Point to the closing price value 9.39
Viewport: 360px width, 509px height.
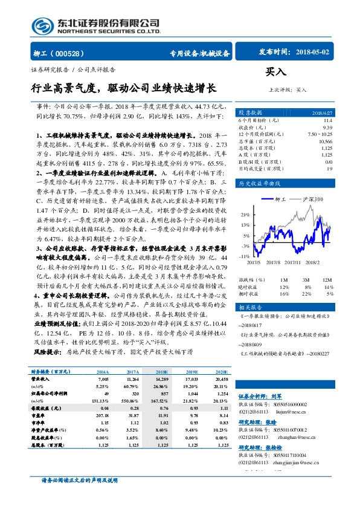327,128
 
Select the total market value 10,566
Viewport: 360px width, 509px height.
325,140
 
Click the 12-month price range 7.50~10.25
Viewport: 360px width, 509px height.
320,134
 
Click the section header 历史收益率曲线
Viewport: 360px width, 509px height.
259,183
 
